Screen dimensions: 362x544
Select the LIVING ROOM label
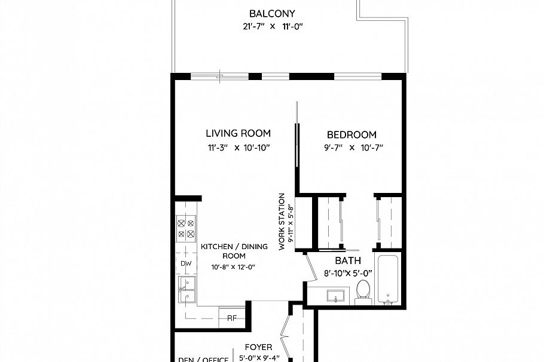(x=238, y=133)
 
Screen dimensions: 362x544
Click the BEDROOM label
(x=352, y=134)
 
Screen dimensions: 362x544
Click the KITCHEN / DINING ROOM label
(x=230, y=251)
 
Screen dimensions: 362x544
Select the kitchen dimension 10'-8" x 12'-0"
(x=233, y=267)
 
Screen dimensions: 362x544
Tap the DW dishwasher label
(x=185, y=263)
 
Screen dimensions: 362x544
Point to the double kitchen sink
(x=187, y=290)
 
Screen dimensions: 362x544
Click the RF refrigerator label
(x=231, y=318)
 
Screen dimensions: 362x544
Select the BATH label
(x=347, y=261)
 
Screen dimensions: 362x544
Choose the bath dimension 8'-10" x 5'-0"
(x=348, y=274)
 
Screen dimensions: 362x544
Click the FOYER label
(x=258, y=347)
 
